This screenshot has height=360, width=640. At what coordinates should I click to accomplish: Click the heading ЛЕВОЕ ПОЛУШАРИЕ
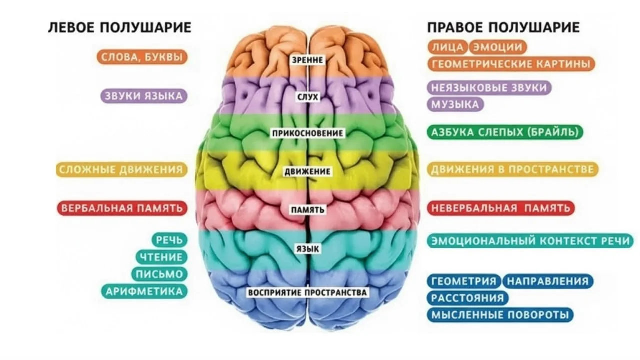120,28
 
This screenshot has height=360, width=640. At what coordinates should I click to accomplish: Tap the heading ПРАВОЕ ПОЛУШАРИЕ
503,28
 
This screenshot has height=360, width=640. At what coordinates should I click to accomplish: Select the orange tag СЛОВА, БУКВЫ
142,57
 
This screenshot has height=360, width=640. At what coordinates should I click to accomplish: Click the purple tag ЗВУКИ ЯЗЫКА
144,96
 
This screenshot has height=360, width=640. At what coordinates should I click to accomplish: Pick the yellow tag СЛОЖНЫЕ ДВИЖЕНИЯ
121,169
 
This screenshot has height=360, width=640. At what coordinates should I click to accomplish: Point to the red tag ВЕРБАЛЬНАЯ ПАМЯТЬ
122,208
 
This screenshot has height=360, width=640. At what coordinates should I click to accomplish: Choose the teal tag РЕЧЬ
169,240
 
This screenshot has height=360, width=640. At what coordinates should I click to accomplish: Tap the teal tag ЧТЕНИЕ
161,257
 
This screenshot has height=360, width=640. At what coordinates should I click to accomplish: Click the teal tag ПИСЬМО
159,274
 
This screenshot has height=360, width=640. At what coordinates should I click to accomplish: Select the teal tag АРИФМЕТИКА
144,291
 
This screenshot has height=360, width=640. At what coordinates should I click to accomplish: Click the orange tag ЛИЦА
447,47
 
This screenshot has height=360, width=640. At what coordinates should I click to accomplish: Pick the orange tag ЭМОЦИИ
498,47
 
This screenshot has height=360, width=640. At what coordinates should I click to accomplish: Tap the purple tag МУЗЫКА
455,104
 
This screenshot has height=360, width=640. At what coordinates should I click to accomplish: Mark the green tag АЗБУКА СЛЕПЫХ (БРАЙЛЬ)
505,132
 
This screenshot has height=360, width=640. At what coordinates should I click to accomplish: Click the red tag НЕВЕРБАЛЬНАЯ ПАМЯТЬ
501,208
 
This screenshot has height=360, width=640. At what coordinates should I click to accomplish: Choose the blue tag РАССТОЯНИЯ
468,298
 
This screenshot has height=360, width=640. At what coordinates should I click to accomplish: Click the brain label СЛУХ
307,97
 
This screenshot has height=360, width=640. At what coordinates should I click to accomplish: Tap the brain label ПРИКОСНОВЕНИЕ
307,133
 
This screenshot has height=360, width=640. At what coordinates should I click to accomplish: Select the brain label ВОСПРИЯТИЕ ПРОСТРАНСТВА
307,293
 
